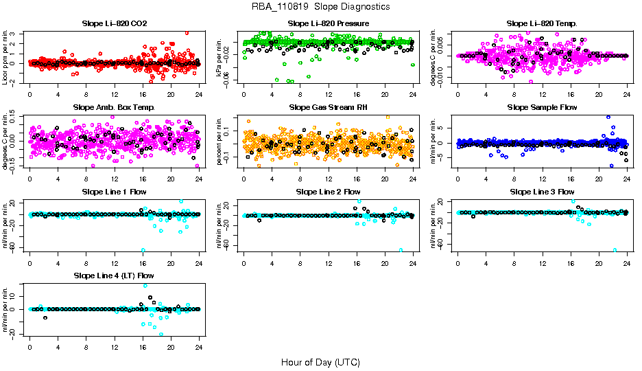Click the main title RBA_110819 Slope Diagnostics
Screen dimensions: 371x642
point(321,6)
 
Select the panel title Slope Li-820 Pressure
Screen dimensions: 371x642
point(329,24)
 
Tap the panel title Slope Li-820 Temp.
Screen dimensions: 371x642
point(543,24)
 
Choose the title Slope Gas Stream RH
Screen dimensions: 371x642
point(329,108)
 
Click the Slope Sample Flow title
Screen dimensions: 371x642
point(543,108)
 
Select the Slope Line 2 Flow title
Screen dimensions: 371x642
point(329,192)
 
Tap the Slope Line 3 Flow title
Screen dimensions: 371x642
point(543,192)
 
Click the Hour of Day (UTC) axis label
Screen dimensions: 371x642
point(320,362)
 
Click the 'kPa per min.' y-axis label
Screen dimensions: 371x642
point(220,57)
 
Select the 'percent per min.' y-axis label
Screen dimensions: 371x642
point(220,141)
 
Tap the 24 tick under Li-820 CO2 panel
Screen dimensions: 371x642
point(199,95)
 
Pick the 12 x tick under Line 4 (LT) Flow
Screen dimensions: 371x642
point(115,347)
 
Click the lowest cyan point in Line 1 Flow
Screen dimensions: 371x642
point(143,250)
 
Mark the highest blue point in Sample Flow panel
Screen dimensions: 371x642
point(608,117)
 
